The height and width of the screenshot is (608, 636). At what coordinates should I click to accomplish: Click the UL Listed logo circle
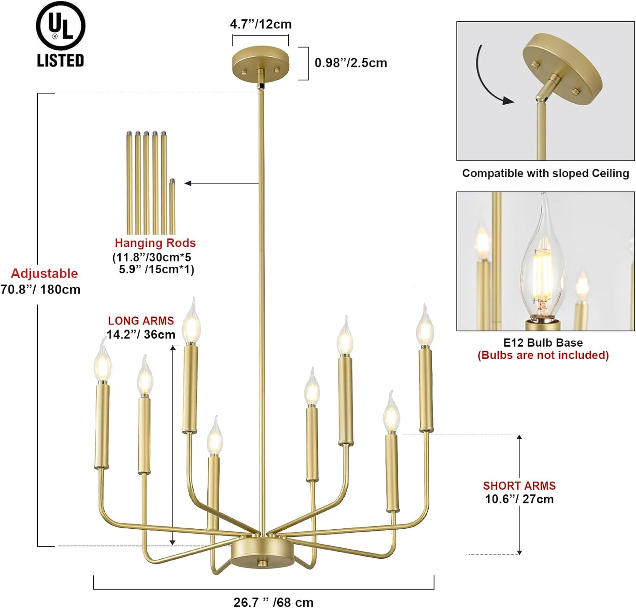coord(60,26)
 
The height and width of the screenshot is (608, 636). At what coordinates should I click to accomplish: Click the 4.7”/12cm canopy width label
coord(261,24)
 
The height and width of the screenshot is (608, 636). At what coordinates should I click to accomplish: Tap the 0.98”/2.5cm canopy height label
coord(350,63)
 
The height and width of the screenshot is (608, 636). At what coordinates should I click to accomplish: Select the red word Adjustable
coord(44,274)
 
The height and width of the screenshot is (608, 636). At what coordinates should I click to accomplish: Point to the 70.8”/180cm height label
coord(40,290)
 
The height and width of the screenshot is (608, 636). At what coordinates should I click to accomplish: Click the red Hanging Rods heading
coord(155,243)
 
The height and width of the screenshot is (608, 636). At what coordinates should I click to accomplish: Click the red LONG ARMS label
coord(141,321)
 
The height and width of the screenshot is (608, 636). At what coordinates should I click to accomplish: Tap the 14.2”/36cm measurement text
coord(141,335)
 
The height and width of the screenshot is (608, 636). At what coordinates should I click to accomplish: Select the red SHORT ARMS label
coord(519,486)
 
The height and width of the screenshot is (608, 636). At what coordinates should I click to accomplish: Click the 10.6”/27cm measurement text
coord(519,499)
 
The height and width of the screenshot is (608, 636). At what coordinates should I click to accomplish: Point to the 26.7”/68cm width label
coord(273,602)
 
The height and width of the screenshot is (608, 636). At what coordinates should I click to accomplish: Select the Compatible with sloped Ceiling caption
coord(545,173)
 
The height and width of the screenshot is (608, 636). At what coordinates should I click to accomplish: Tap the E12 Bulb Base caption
coord(543,343)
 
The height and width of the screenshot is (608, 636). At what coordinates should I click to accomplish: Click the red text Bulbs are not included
coord(543,355)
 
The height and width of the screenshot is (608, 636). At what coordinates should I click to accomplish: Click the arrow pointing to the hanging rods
coord(220,183)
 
